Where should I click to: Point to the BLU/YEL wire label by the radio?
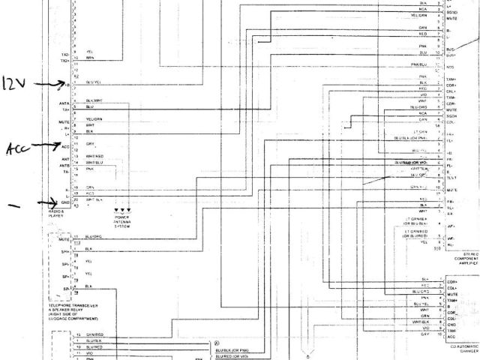click(94, 82)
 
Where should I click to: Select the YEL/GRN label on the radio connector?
click(94, 119)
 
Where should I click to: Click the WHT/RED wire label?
click(94, 156)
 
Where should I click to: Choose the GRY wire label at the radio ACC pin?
click(90, 143)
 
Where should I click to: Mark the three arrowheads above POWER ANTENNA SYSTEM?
click(122, 211)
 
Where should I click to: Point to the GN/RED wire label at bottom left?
click(94, 334)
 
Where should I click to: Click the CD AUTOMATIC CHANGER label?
click(463, 348)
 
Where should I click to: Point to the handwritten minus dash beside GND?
click(12, 203)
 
